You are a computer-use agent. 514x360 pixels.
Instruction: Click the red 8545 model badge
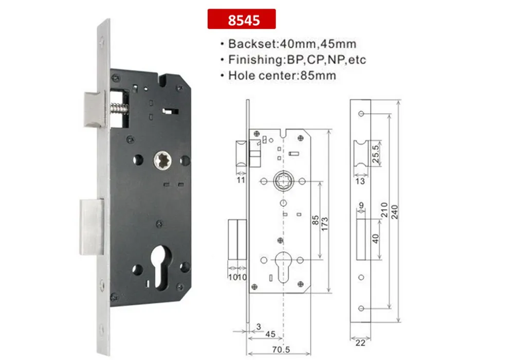(241, 21)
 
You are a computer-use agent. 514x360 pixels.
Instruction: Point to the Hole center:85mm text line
(282, 76)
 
